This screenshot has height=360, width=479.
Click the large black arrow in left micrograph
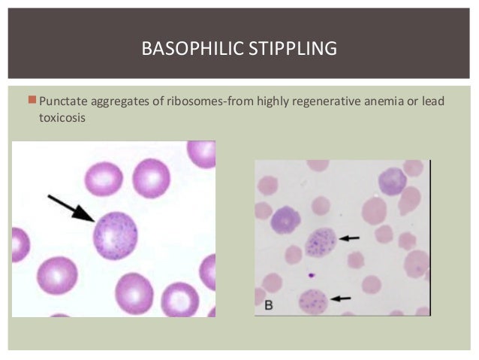tap(71, 209)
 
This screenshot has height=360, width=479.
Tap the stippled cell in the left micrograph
tap(115, 234)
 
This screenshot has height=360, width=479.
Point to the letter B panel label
tap(268, 306)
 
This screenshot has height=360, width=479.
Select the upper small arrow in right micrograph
tap(349, 238)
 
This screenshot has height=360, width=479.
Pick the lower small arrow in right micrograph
tap(342, 298)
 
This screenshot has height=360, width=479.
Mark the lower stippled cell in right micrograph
tap(314, 301)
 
